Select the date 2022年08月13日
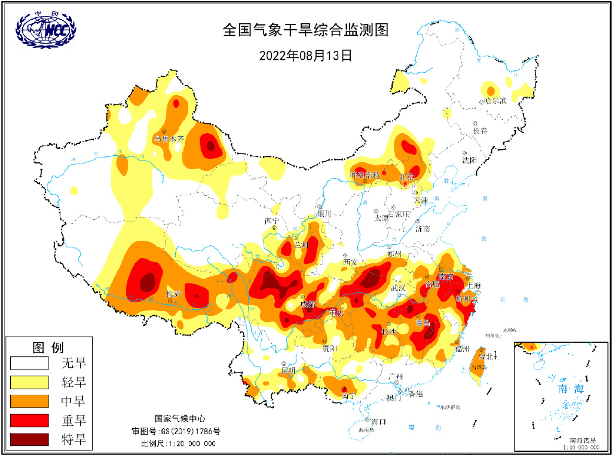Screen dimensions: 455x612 [x=305, y=56]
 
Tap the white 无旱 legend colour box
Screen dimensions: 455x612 [x=29, y=362]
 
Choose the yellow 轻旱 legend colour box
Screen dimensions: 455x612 [x=29, y=382]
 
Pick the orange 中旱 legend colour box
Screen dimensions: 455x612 [x=29, y=401]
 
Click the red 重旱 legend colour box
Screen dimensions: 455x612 [x=29, y=420]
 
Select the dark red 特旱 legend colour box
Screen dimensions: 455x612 [x=29, y=440]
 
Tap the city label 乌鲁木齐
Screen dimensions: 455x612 [x=169, y=138]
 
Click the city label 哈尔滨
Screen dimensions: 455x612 [x=495, y=100]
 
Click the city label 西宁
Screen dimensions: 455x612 [x=272, y=221]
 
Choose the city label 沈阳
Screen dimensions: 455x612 [x=469, y=160]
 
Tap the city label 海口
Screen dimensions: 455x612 [x=378, y=422]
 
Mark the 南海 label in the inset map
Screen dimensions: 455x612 [x=570, y=388]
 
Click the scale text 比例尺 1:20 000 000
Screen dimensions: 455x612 [x=178, y=444]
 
